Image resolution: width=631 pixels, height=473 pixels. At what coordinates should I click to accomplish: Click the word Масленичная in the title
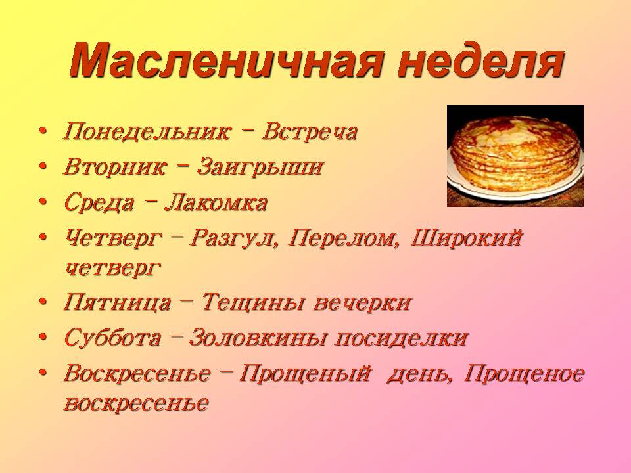coord(225,60)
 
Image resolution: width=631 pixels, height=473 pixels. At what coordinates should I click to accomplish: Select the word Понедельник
coord(148,132)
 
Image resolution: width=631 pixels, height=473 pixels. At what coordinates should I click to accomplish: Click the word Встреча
coord(310,132)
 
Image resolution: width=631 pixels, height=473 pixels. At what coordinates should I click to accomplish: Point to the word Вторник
coord(114,166)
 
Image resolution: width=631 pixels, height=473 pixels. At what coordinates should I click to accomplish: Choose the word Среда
coord(99,202)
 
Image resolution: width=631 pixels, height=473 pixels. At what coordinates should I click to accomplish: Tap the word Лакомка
coord(216,202)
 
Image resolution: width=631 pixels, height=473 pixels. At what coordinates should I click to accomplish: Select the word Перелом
coord(344,238)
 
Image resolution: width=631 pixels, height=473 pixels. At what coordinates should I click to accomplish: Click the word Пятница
coord(117,302)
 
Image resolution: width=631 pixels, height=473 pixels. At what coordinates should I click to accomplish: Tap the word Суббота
coord(112,338)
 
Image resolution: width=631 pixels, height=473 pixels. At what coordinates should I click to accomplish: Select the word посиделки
coord(401,338)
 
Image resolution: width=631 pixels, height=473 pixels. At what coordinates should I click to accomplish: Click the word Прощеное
coord(524,374)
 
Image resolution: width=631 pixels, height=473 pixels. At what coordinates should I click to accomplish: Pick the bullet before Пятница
coord(43,302)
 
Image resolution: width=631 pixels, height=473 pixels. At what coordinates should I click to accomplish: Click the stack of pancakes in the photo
coord(515,156)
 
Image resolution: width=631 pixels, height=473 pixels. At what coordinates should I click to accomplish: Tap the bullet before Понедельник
coord(43,131)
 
